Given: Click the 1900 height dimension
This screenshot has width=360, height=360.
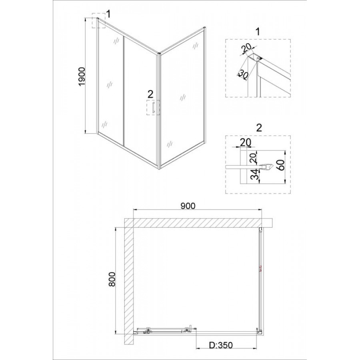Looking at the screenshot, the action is tap(82, 77).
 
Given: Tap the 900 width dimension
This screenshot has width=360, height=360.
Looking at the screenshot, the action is tap(188, 206).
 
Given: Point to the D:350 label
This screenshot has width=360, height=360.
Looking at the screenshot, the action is tap(221, 345).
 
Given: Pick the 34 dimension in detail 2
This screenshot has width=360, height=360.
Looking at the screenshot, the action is tap(254, 175).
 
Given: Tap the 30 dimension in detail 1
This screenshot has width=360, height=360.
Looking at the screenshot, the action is tap(242, 74).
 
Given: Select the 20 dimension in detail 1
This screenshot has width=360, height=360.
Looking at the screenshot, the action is tap(246, 48).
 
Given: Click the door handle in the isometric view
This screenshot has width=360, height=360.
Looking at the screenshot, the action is tap(152, 108).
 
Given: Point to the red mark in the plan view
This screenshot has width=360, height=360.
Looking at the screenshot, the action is tap(260, 268).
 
